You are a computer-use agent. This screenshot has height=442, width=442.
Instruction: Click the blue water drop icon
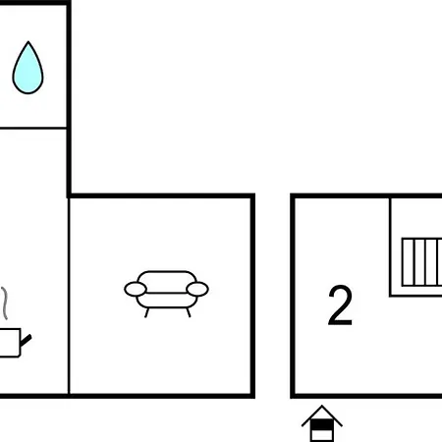coord(28,68)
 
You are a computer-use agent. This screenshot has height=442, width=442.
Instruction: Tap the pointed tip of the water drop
coord(28,41)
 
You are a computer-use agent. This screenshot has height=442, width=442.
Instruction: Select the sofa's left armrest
coord(136,289)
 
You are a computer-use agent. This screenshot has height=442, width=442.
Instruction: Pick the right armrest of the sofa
coord(197,289)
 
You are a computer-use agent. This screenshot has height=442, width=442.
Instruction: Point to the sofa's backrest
coord(167,281)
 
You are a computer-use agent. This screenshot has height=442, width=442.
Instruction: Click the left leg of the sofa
coord(147,312)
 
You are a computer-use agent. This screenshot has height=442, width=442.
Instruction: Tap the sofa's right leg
coord(189,312)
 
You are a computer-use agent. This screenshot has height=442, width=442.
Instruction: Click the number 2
coord(340,305)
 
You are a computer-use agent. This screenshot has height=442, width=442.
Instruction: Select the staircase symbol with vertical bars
coord(421,262)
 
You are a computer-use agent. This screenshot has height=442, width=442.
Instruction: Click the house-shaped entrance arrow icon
coord(322,423)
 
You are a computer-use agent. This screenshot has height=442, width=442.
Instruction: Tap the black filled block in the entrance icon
coord(322,424)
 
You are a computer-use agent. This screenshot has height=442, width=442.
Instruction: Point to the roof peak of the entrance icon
coord(322,407)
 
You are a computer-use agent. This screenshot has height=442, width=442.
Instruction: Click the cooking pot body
coord(10,343)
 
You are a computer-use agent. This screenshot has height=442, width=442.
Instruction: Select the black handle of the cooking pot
coord(26,340)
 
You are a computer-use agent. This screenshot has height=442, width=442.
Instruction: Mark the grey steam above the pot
coord(4,304)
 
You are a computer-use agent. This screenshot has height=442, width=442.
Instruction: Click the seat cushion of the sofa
coord(167,301)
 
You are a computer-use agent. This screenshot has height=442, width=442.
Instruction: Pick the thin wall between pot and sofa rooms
coord(69,296)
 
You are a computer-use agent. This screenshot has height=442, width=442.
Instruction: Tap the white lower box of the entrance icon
coord(322,435)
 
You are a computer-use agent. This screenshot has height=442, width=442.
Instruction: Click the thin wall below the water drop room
coord(33,128)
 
